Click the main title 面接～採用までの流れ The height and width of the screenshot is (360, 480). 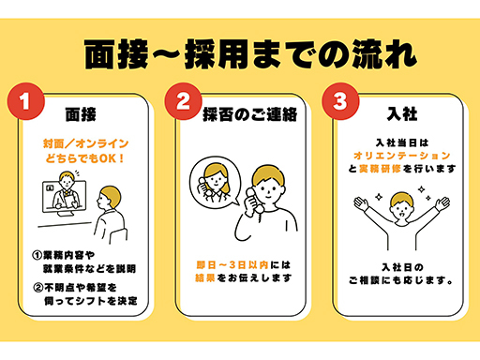[x=250, y=54]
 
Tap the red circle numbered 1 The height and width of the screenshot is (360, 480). [x=26, y=101]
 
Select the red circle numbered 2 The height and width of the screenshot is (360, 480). [x=184, y=101]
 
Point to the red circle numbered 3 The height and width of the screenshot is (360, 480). [x=340, y=101]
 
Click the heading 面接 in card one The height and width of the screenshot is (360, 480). [x=81, y=114]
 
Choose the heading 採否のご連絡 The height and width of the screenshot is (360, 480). [x=250, y=114]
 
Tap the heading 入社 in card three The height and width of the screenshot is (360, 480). [x=402, y=113]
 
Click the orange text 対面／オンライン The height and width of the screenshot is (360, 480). [x=85, y=143]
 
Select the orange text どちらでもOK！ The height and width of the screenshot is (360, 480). [x=84, y=158]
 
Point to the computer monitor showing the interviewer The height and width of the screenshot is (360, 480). [x=65, y=197]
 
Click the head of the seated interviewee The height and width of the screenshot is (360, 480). [x=109, y=198]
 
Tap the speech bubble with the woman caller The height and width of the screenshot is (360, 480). [x=216, y=182]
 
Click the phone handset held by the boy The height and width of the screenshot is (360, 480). [x=254, y=201]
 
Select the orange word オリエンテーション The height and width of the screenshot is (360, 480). [x=402, y=156]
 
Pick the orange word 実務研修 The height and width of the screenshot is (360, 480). [x=380, y=169]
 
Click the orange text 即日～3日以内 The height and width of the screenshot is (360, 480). [x=232, y=265]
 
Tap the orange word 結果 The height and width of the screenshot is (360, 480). [x=205, y=277]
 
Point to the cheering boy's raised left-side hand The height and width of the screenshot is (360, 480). [x=361, y=203]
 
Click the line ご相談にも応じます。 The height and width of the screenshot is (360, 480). [x=401, y=280]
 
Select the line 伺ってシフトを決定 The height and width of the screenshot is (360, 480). [x=91, y=301]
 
